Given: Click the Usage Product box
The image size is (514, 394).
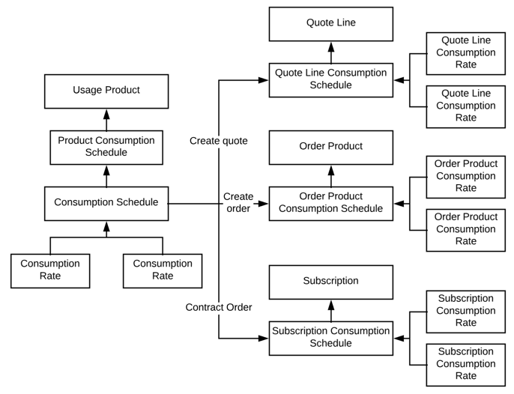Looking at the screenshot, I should click(x=106, y=91).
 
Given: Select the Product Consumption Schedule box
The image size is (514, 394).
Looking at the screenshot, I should click(x=106, y=147).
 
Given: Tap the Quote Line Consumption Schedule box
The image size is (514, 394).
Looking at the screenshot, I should click(x=330, y=79).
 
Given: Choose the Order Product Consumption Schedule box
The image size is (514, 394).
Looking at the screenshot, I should click(x=330, y=203).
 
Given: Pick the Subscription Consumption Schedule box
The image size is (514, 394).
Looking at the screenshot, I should click(x=330, y=338).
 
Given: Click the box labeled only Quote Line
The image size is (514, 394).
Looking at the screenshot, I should click(x=330, y=23).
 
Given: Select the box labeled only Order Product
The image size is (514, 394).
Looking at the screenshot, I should click(x=330, y=147).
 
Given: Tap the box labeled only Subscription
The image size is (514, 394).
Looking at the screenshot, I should click(x=330, y=282).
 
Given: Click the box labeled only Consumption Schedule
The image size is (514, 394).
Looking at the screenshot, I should click(x=106, y=203).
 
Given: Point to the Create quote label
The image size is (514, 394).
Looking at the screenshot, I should click(x=218, y=141).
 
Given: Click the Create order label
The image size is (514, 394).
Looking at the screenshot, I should click(x=238, y=203).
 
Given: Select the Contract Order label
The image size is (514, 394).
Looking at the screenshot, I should click(x=218, y=307).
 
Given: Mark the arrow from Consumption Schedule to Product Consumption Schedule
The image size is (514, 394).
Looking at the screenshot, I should click(x=106, y=175).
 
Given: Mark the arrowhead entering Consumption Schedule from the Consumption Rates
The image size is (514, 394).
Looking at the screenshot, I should click(x=106, y=227).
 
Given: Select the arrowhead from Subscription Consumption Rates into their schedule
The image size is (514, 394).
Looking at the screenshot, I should click(x=399, y=339).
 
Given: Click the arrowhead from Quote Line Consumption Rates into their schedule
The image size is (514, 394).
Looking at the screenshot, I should click(x=399, y=80).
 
